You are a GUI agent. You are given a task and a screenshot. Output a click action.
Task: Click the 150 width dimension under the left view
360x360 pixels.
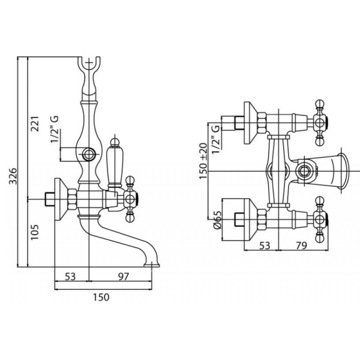click(101, 297)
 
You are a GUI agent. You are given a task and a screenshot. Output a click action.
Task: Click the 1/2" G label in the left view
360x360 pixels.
click(55, 130)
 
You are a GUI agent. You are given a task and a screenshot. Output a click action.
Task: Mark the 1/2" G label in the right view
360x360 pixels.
click(217, 137)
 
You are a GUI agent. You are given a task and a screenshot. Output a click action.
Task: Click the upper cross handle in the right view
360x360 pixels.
click(320, 124)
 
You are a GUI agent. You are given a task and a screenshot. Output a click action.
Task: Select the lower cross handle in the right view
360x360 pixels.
click(320, 220)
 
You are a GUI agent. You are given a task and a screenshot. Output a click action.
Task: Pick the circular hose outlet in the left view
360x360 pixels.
click(88, 154)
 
